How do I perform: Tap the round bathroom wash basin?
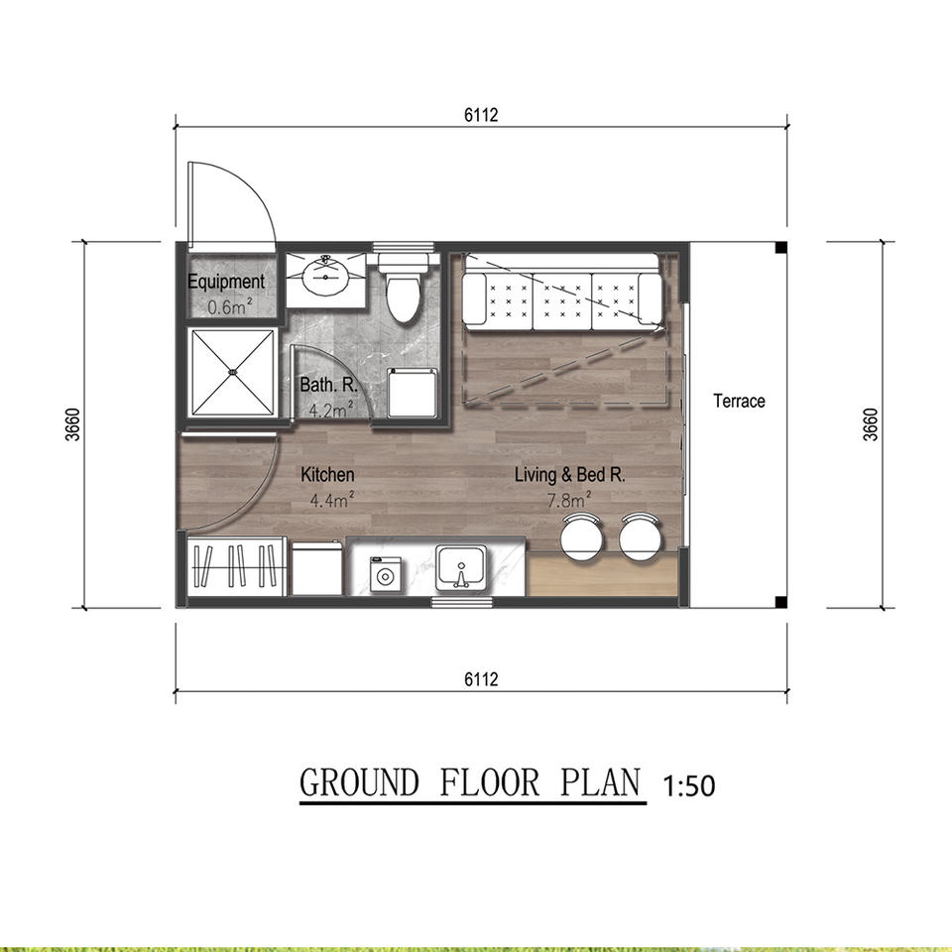click(326, 277)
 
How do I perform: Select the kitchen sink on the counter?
click(460, 567)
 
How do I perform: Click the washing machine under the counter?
click(385, 574)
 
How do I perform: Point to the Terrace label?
click(739, 401)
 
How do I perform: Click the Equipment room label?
click(226, 282)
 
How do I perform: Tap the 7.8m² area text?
click(569, 500)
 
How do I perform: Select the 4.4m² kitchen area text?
click(331, 500)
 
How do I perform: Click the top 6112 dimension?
click(481, 115)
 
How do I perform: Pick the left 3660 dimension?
click(72, 424)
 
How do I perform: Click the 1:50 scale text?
click(688, 785)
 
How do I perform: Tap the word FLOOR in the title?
click(489, 782)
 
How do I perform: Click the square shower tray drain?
click(231, 371)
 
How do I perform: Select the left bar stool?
click(582, 536)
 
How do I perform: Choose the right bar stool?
click(640, 536)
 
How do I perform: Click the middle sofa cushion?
click(561, 300)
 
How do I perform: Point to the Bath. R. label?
click(328, 385)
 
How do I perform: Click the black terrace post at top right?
click(781, 247)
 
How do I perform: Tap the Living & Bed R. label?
click(569, 474)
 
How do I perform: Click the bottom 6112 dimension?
click(481, 678)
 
